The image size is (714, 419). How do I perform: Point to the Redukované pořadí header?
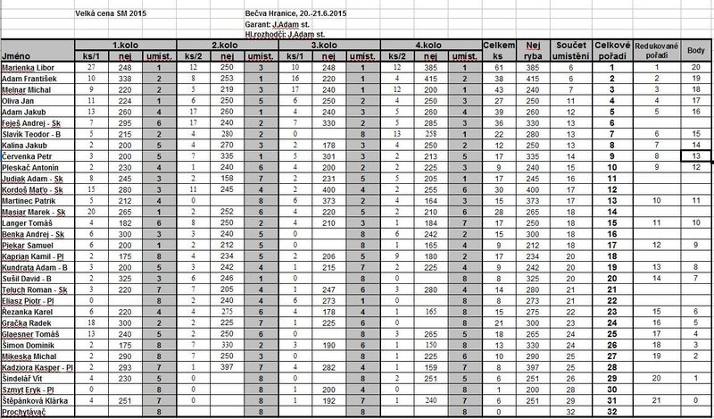point(656,49)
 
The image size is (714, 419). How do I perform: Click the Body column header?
point(696,49)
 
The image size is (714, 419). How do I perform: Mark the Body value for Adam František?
point(696,79)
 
